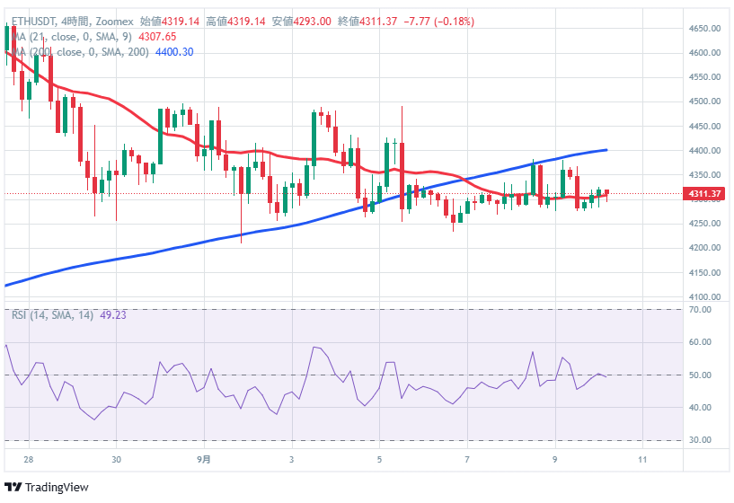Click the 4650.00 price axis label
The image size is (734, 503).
[x=707, y=29]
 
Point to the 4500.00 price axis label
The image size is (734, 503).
[x=707, y=101]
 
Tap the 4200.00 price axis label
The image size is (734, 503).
[x=707, y=248]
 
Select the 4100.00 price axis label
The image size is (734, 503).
[x=707, y=296]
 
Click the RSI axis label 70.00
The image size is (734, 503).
[x=702, y=310]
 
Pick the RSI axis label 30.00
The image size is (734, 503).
[x=702, y=440]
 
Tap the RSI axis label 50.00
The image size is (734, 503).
[x=702, y=375]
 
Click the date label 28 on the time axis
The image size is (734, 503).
[x=29, y=460]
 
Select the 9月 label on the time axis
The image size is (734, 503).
[x=205, y=460]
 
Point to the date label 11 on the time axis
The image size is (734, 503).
[x=642, y=460]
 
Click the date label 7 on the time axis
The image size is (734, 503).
[x=467, y=460]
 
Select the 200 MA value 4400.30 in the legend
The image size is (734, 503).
[x=174, y=52]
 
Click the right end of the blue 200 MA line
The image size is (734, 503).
[x=606, y=150]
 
